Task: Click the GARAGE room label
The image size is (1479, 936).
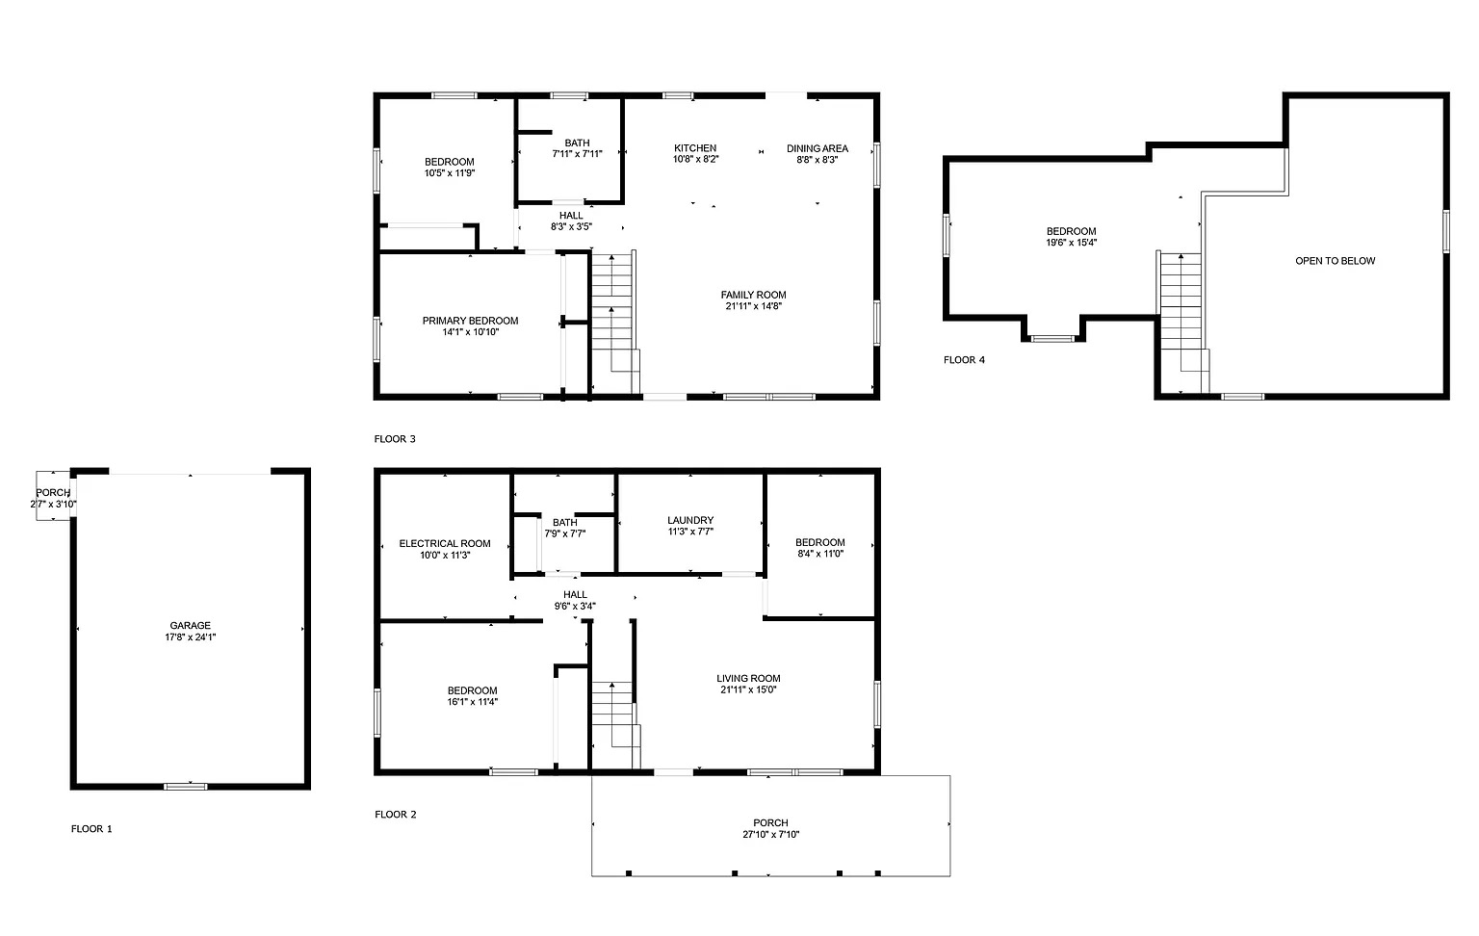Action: tap(190, 625)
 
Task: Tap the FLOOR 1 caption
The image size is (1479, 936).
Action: tap(91, 828)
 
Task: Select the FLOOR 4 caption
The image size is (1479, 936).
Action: tap(964, 360)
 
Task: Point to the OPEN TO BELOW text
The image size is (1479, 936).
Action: tap(1336, 261)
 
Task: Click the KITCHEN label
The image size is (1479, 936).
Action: tap(695, 148)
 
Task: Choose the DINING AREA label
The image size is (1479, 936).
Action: tap(817, 148)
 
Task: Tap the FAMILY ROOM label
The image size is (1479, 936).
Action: tap(753, 295)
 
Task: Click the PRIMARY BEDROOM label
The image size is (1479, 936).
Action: tap(470, 321)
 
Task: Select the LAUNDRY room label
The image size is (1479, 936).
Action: tap(690, 520)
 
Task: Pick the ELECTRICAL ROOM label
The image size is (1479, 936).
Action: tap(445, 543)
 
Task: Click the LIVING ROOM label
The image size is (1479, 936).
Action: tap(749, 678)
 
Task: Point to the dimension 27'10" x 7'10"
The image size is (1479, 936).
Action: tap(771, 834)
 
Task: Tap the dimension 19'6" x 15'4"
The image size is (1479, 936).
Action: tap(1072, 243)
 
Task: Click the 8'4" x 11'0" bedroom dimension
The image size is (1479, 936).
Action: tap(820, 554)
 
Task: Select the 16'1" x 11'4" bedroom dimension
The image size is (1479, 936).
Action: tap(472, 702)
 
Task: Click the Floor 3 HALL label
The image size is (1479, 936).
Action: tap(571, 215)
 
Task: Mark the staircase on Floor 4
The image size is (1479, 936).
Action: tap(1181, 323)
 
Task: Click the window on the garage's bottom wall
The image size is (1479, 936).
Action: tap(186, 786)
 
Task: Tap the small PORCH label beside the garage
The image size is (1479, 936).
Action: tap(53, 492)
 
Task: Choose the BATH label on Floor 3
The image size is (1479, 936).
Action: tap(577, 143)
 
